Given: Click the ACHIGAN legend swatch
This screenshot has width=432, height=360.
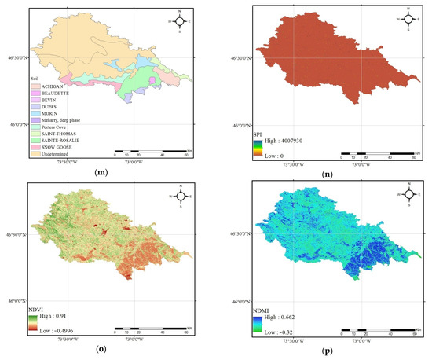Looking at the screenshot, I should pyautogui.click(x=29, y=83).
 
